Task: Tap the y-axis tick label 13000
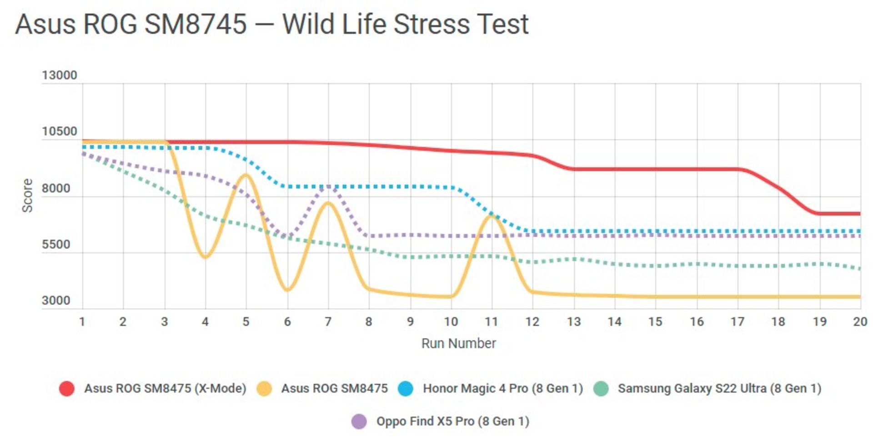59,75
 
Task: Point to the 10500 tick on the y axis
59,132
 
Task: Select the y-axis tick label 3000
56,300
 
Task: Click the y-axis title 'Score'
27,195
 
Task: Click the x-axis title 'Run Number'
458,343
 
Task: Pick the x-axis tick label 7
328,322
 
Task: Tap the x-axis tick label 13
573,322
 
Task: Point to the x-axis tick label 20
859,322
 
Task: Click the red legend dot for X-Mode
67,388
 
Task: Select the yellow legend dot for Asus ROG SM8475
264,388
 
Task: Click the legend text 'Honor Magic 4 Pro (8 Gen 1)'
502,388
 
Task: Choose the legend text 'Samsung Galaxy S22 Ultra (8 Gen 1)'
719,388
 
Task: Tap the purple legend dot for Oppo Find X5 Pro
359,421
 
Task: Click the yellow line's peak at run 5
246,175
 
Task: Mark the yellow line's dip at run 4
205,257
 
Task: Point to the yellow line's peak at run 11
492,216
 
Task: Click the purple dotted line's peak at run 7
328,186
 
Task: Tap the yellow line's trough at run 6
287,289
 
